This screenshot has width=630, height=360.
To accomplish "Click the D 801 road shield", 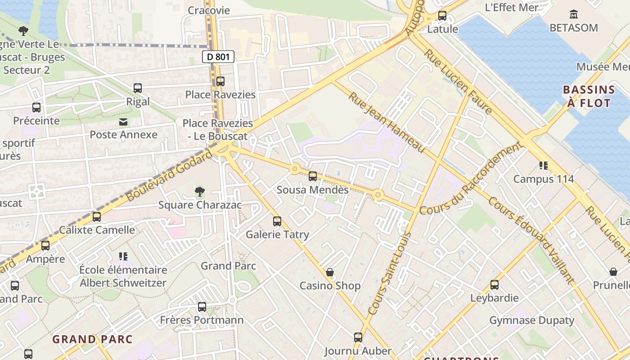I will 218,57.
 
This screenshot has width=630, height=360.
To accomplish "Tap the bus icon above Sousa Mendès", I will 313,176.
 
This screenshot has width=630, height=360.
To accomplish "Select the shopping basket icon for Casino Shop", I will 330,273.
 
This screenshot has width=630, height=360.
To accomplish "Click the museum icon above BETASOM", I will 573,14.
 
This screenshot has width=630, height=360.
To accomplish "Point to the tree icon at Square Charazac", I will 200,192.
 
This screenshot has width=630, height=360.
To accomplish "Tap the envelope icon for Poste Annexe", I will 123,122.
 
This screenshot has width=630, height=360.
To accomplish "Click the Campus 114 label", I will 544,179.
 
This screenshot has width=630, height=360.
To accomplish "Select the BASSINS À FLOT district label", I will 589,96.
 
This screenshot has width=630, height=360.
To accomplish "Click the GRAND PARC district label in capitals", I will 93,339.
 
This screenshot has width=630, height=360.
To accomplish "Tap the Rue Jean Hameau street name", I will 387,122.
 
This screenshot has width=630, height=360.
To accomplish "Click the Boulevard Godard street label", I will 169,176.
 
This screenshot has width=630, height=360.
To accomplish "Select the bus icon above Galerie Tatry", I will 277,221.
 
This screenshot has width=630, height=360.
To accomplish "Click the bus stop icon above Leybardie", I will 495,285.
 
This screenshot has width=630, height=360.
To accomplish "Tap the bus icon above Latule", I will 442,16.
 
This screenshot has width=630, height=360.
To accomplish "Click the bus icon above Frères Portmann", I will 202,307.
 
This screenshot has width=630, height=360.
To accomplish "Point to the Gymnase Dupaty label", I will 531,320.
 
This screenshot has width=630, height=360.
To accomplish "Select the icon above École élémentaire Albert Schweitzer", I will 123,257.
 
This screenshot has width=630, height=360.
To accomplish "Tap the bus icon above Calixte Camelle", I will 97,217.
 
